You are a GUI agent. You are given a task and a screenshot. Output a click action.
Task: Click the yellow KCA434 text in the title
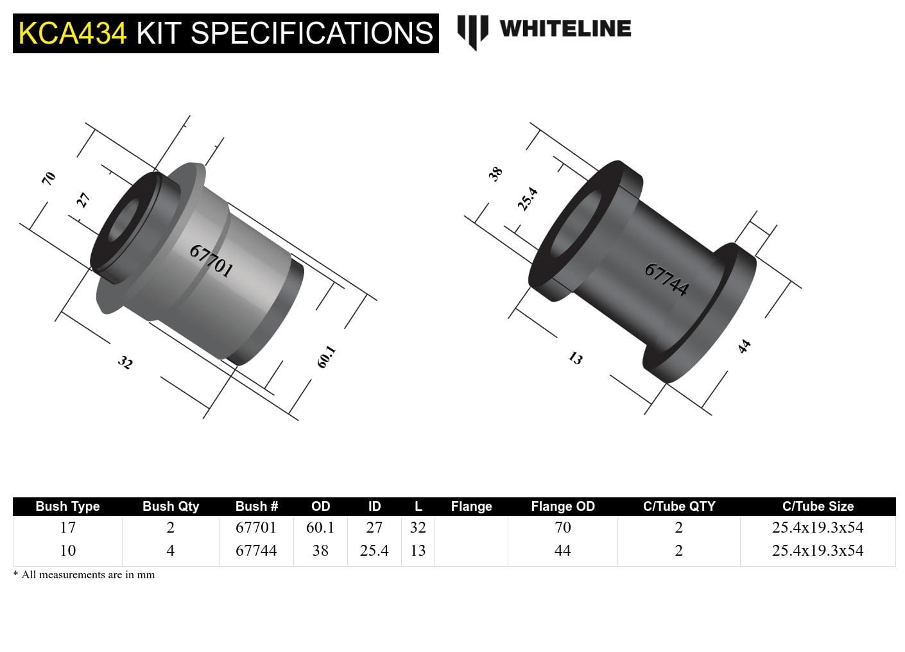(73, 33)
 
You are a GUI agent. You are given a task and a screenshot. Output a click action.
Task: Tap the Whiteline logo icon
(472, 31)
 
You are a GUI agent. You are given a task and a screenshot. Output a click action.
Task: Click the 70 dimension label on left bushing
(49, 178)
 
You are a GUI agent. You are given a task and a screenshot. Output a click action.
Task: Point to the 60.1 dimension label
(326, 357)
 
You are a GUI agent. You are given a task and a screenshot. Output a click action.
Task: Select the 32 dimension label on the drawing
(125, 363)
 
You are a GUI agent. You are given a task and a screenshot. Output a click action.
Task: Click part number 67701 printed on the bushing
(211, 260)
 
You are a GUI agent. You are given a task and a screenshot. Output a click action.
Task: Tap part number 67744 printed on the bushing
(666, 280)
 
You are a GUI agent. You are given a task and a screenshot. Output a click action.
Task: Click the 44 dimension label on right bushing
(744, 347)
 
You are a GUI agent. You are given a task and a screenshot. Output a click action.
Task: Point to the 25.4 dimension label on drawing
(528, 199)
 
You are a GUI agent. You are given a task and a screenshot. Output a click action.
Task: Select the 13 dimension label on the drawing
(575, 358)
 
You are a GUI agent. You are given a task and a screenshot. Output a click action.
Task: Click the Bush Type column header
(67, 506)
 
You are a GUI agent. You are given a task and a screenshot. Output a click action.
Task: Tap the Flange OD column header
(562, 506)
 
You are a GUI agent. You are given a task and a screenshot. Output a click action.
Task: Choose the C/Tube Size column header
(818, 506)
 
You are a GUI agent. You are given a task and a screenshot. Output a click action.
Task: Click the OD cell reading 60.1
(320, 528)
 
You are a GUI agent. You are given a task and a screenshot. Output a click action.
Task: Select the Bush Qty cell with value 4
(170, 551)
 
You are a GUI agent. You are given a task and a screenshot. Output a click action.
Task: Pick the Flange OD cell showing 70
(562, 528)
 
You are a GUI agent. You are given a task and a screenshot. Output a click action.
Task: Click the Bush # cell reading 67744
(256, 551)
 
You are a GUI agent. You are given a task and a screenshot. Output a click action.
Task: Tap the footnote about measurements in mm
(84, 575)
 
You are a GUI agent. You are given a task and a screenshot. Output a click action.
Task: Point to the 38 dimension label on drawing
(496, 174)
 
